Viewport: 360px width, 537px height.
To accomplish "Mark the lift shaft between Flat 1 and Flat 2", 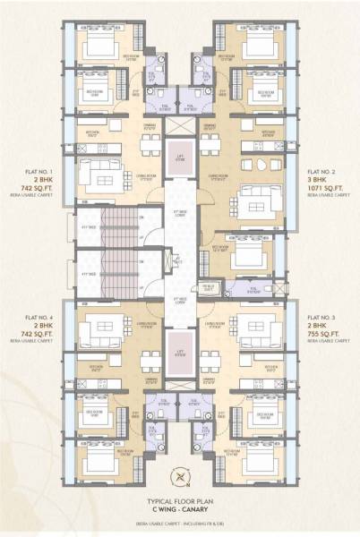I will [179, 153].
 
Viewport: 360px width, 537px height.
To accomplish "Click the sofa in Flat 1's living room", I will [93, 170].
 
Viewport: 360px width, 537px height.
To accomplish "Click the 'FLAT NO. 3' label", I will [324, 318].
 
